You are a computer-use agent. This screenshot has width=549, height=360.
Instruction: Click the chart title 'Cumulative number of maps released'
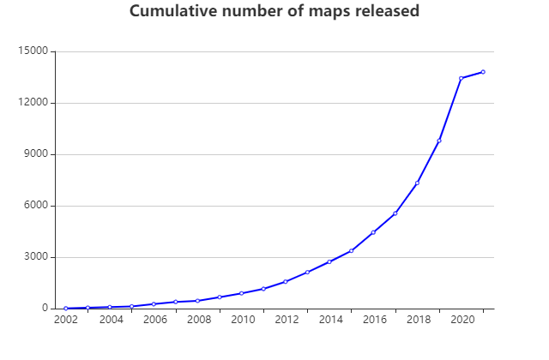(274, 12)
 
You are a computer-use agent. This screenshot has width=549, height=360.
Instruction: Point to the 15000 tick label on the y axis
(33, 51)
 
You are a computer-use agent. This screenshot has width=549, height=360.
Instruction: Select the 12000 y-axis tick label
(33, 103)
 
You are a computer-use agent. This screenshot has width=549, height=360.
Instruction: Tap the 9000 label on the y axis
(36, 154)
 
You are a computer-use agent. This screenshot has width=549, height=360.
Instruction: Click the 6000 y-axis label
(36, 206)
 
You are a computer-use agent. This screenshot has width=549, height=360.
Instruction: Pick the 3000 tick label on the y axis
(36, 257)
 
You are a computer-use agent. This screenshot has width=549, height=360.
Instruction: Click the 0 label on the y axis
(45, 309)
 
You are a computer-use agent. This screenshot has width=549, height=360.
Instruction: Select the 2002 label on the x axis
(66, 321)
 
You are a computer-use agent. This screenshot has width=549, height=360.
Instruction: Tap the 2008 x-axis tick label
(198, 321)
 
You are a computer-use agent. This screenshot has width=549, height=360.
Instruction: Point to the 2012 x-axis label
(287, 321)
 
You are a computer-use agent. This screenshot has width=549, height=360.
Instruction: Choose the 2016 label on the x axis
(374, 321)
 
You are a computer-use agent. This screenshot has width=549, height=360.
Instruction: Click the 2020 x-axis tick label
(462, 321)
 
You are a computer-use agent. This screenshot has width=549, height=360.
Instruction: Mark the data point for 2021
(483, 72)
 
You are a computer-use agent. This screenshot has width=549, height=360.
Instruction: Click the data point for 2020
(462, 78)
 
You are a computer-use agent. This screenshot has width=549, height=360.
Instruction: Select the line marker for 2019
(439, 141)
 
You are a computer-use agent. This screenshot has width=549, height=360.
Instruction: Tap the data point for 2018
(418, 183)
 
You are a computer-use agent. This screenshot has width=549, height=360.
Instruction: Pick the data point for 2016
(373, 232)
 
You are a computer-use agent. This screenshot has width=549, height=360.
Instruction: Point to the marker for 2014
(329, 261)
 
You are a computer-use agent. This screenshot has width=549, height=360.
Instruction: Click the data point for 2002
(66, 309)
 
